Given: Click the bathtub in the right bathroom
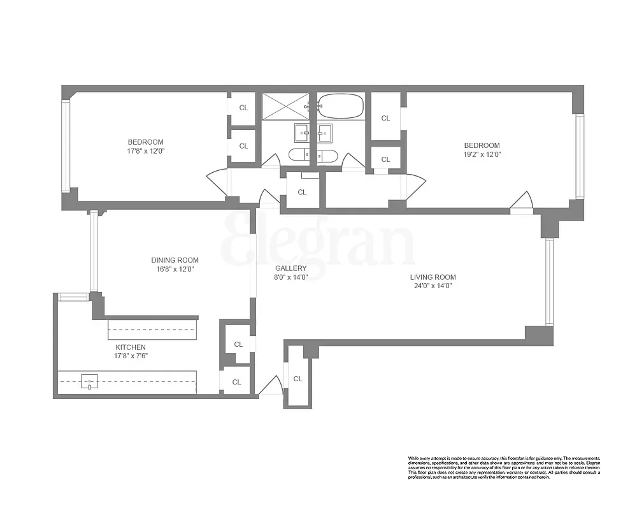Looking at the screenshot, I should pos(341,106).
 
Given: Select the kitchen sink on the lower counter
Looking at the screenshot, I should pos(90,381).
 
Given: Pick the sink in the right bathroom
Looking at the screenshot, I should pos(326,134).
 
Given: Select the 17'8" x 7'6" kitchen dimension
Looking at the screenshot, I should pos(131,356).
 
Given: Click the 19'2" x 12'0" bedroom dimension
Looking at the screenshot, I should pos(482,154).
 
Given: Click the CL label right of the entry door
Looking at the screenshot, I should pos(297,379).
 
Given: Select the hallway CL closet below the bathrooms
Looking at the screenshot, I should pos(302,192).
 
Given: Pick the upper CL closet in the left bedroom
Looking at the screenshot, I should pos(243,108).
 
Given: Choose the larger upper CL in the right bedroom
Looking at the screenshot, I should pos(385,118).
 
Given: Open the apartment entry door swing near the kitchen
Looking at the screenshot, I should pos(271,386).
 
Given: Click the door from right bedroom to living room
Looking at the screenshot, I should pos(522,201).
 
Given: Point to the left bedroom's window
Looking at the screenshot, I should pos(65,146).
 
